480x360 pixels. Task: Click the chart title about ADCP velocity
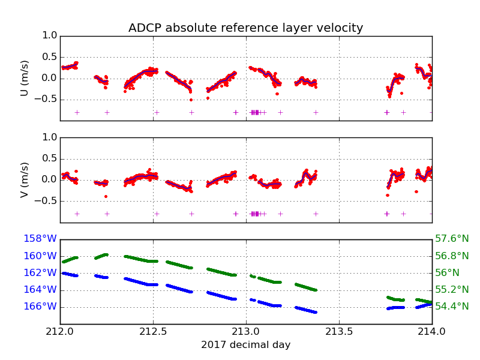point(245,28)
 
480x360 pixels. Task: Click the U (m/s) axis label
point(25,78)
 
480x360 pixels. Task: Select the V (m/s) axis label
point(25,179)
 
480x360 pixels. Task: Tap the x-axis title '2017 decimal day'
point(245,345)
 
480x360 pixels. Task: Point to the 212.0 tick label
point(60,332)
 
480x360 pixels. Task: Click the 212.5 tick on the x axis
point(153,332)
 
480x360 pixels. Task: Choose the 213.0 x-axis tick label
point(246,332)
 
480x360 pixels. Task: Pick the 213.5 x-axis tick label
point(339,332)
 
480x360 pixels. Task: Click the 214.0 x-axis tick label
point(432,332)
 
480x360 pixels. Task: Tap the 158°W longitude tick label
point(40,239)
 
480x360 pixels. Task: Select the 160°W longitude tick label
point(40,256)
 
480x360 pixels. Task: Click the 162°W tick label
point(40,272)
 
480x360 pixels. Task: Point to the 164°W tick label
point(40,289)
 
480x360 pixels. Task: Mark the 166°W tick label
point(40,307)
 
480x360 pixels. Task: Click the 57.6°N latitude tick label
point(452,239)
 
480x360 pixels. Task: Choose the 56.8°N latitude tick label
point(452,256)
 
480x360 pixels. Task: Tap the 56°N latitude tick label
point(448,272)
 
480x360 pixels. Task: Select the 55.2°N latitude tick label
point(452,289)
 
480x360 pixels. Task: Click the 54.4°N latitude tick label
point(452,307)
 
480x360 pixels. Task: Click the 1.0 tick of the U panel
point(50,36)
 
